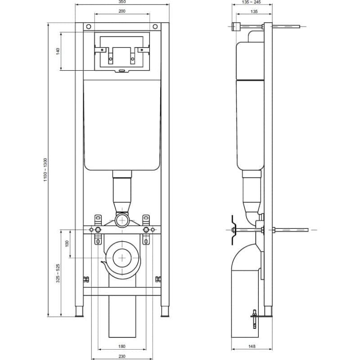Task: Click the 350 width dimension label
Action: [122, 2]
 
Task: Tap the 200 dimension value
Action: [122, 11]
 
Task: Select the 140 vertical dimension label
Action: [58, 51]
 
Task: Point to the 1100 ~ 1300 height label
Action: [45, 170]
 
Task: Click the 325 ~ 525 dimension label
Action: [58, 273]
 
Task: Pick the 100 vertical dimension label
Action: [67, 243]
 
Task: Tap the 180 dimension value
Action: [122, 346]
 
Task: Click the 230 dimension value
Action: [122, 356]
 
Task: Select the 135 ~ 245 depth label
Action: [251, 2]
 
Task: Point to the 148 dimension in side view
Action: [252, 346]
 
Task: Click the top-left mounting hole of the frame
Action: [89, 27]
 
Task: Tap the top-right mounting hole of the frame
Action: [155, 27]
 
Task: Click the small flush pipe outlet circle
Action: [122, 220]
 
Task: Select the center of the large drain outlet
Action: [122, 258]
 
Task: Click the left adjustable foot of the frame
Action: [79, 311]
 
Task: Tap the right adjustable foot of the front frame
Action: [165, 311]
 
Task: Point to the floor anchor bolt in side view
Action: [254, 319]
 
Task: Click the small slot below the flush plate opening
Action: [122, 71]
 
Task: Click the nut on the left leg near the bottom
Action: [86, 279]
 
